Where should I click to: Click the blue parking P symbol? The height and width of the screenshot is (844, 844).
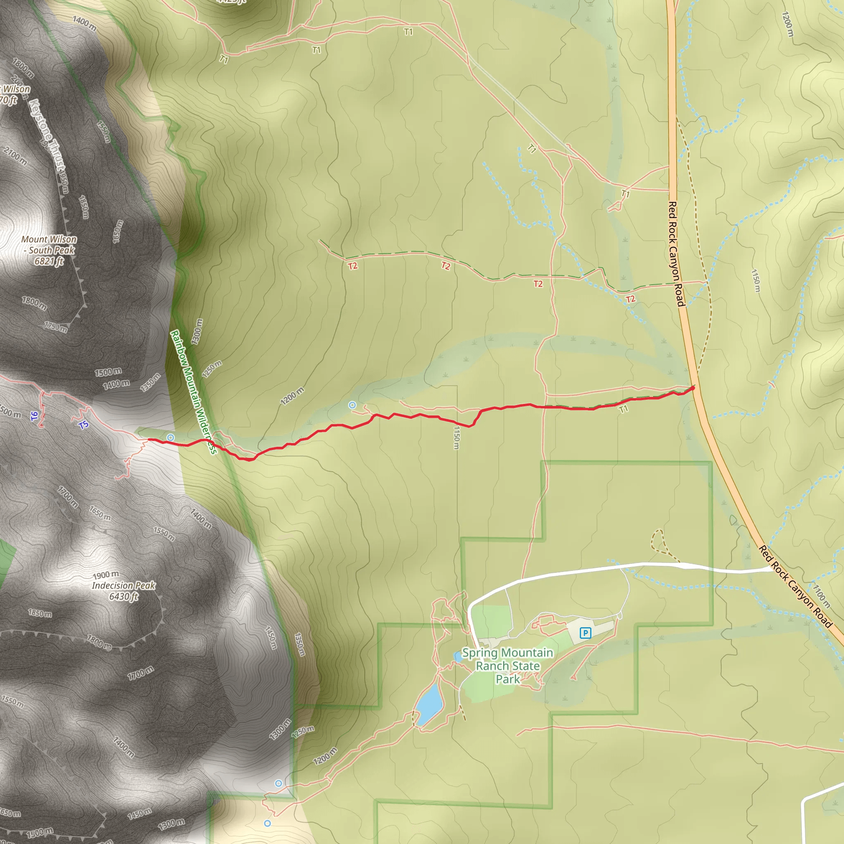585,633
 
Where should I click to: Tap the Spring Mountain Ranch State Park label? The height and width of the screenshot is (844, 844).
507,666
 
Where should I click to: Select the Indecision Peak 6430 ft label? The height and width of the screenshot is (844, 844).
124,591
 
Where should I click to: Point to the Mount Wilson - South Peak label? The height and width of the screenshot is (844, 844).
49,250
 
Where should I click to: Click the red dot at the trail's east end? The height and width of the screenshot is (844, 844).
692,388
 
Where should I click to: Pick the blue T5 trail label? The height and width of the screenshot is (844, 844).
83,424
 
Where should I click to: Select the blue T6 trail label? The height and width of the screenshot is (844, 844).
35,416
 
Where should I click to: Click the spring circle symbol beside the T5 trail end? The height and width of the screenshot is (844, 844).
170,437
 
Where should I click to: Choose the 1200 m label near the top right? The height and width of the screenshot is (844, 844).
788,24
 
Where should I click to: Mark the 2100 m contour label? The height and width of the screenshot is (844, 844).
16,156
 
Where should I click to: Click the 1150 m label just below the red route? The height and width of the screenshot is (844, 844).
457,437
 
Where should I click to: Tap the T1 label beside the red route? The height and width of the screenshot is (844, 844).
624,409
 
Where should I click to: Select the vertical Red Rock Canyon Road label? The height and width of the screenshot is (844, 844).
675,253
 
